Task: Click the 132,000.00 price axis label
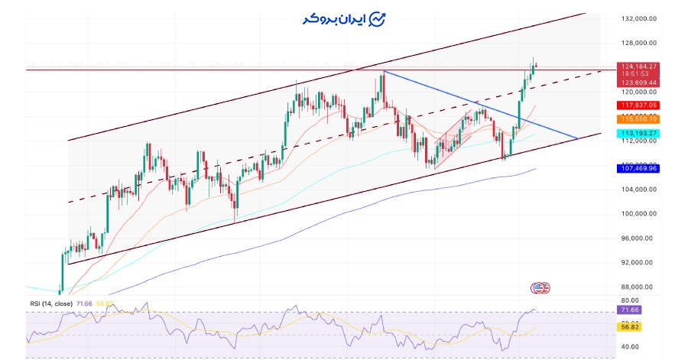640,18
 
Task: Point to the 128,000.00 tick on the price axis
640,43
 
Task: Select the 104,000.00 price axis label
640,190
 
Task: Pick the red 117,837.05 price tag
640,105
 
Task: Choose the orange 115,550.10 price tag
640,119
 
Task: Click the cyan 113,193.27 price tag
640,134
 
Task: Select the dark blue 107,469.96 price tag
640,168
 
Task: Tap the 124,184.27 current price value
640,66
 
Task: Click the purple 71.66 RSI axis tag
630,310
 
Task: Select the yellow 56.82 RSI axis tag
630,326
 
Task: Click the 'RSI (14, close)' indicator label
50,303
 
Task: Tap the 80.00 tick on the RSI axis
630,300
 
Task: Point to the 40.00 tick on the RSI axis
630,346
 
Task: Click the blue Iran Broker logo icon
378,19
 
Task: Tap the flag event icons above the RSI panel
540,288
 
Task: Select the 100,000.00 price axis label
640,214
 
